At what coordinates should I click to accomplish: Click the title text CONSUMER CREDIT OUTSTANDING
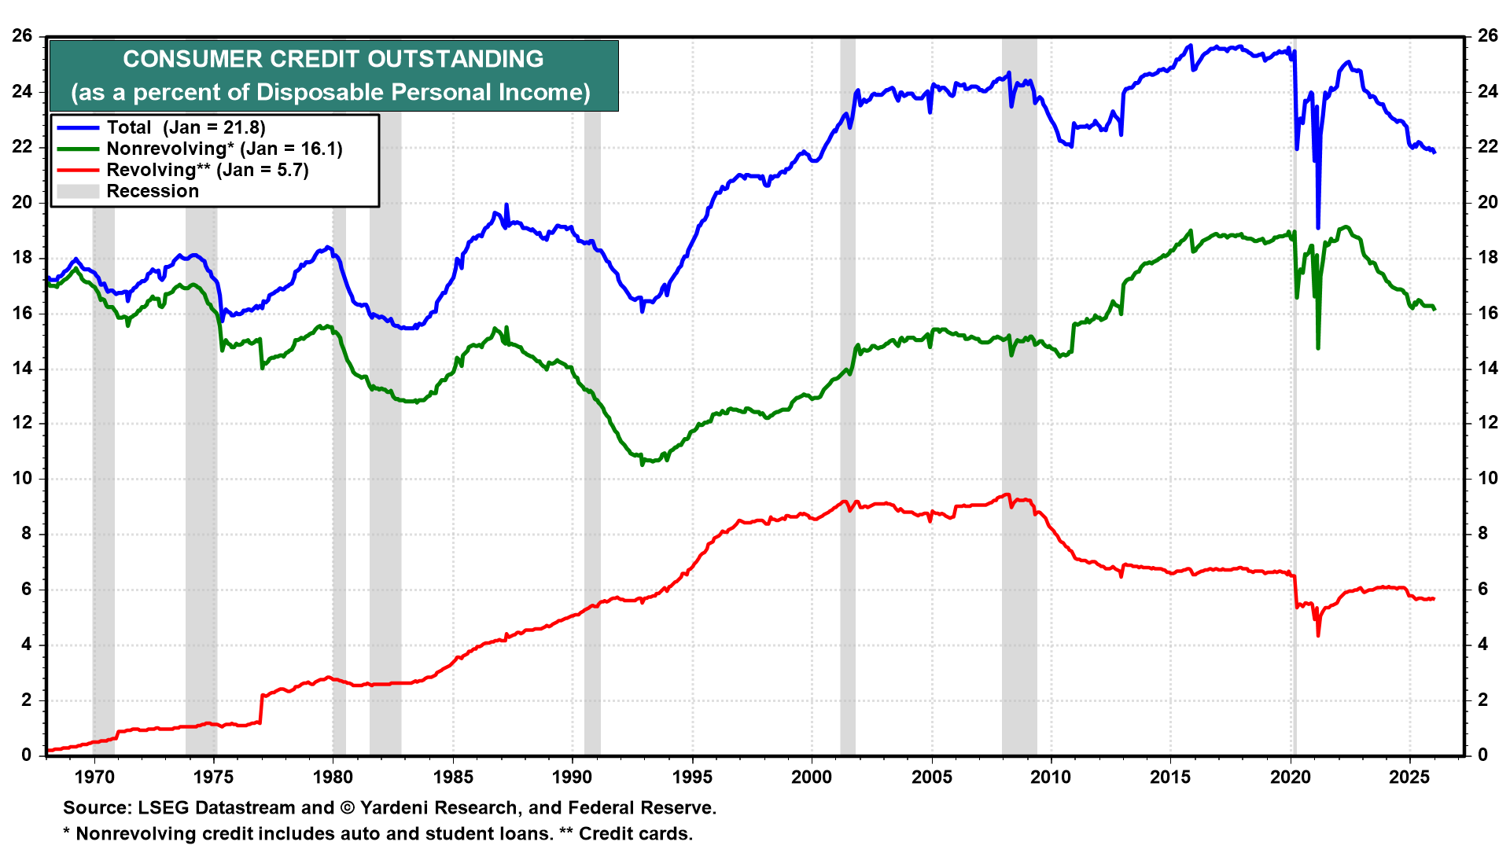333,59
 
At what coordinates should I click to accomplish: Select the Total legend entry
186,127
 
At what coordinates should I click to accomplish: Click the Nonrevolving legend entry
224,149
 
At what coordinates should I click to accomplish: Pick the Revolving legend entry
207,170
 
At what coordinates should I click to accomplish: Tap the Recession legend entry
153,191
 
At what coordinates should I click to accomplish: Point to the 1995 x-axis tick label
692,777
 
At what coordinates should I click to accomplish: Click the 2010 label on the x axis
1051,777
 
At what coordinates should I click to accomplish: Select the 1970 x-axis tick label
94,777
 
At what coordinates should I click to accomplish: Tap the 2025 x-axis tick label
1409,777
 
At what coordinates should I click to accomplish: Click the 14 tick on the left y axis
22,368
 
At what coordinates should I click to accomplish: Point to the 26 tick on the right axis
1488,36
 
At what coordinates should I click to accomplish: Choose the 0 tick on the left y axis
27,755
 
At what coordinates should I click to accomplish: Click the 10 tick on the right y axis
1488,479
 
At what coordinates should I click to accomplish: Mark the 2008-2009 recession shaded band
1019,393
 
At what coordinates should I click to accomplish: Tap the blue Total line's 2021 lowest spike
1318,226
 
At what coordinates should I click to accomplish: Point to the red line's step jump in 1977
261,707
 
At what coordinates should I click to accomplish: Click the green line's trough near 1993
643,463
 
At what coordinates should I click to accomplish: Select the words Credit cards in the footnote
635,834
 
